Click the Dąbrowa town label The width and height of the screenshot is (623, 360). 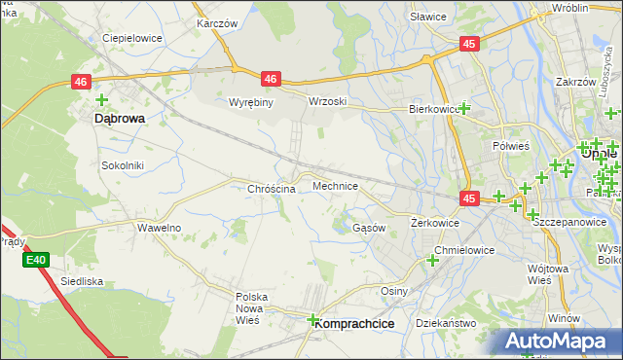click(120, 118)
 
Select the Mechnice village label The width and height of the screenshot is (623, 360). click(335, 185)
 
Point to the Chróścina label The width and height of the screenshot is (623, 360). click(272, 189)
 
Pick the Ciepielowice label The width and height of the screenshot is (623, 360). click(131, 39)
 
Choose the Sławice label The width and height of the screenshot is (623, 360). click(427, 17)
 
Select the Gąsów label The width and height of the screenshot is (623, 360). click(369, 228)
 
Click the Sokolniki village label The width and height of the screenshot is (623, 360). click(123, 165)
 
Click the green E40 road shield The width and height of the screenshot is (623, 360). click(36, 260)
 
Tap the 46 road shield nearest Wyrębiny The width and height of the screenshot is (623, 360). click(271, 80)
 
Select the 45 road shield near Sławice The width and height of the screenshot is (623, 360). click(470, 44)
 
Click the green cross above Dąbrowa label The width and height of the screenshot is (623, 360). click(101, 98)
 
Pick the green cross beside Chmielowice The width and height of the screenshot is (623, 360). click(432, 260)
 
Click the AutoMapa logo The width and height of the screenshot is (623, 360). click(558, 341)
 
